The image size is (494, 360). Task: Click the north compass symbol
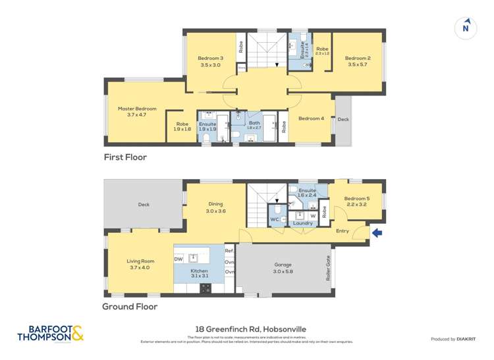pos(466,28)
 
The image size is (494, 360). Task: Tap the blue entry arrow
pos(377,232)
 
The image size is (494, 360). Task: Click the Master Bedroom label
pos(137,111)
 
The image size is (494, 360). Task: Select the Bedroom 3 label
pos(211,61)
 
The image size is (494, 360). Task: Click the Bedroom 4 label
pos(311,118)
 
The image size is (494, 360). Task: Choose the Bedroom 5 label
pos(356,201)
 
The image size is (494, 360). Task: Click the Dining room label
pos(216,207)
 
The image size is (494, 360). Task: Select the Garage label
pos(283,268)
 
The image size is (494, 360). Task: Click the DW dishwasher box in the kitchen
pos(178,259)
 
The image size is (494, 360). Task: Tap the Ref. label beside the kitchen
pos(229,251)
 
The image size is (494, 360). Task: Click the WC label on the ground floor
pos(275,219)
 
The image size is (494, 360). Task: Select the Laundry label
pos(303,223)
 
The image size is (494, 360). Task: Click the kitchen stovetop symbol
pos(205,287)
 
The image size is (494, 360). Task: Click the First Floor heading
pos(125,157)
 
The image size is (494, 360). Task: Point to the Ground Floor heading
pos(129,307)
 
